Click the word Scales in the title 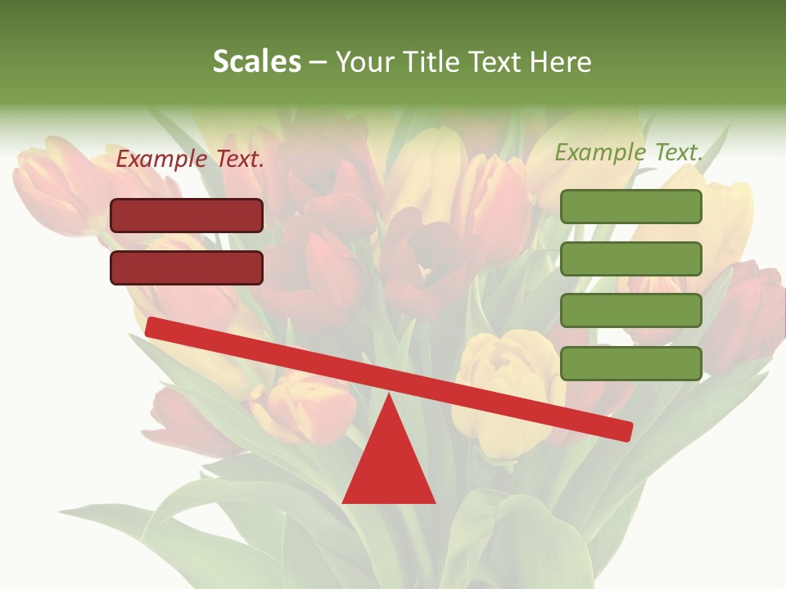pyautogui.click(x=256, y=62)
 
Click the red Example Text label pyautogui.click(x=190, y=160)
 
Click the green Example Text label pyautogui.click(x=629, y=152)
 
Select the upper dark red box pyautogui.click(x=187, y=216)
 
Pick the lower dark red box pyautogui.click(x=187, y=268)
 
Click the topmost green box pyautogui.click(x=630, y=206)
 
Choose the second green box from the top pyautogui.click(x=630, y=259)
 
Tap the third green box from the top pyautogui.click(x=630, y=311)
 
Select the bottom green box pyautogui.click(x=630, y=363)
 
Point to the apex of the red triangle pyautogui.click(x=389, y=396)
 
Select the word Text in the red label pyautogui.click(x=240, y=160)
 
